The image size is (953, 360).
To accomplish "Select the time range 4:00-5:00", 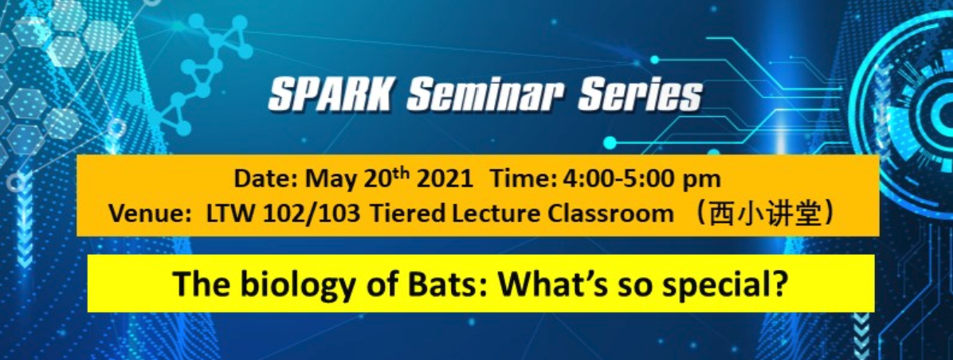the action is click(618, 180).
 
